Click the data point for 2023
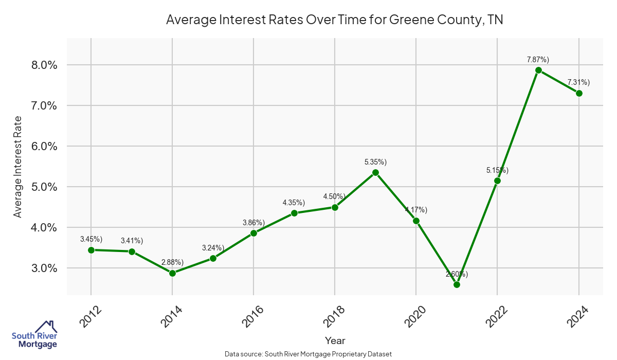538,70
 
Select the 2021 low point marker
457,284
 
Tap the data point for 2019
375,172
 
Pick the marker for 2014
172,273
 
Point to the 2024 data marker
579,93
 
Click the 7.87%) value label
538,60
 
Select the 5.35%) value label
375,162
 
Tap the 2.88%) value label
172,262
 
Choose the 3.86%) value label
253,223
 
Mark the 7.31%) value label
578,82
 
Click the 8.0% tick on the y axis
45,65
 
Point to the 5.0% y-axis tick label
45,187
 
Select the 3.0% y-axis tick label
45,268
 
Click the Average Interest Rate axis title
18,167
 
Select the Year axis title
335,340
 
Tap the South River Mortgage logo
35,335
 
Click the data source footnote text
308,354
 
